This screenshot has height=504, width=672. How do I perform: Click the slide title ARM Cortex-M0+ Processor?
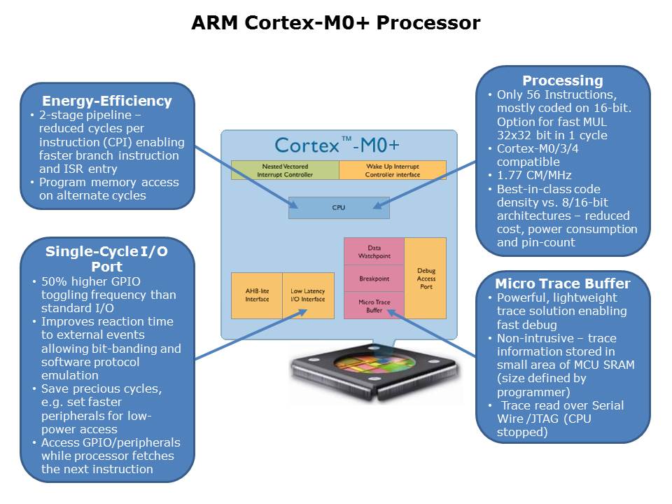(336, 23)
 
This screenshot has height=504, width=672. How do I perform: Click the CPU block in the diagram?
(338, 208)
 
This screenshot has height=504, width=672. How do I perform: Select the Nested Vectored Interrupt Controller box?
(285, 170)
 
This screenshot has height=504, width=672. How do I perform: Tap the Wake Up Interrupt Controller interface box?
(392, 170)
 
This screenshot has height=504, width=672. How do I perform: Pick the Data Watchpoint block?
(374, 252)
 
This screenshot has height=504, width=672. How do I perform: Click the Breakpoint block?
(374, 279)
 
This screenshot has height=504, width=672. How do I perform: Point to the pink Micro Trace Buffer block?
(374, 305)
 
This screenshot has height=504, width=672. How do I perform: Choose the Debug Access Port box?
(426, 279)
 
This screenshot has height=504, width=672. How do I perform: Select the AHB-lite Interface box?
(257, 295)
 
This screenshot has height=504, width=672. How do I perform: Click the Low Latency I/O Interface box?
(308, 295)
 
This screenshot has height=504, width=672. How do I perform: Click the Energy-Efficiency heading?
(107, 101)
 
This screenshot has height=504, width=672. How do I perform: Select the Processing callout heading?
(563, 80)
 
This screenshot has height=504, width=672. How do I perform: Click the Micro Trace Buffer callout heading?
(563, 283)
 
